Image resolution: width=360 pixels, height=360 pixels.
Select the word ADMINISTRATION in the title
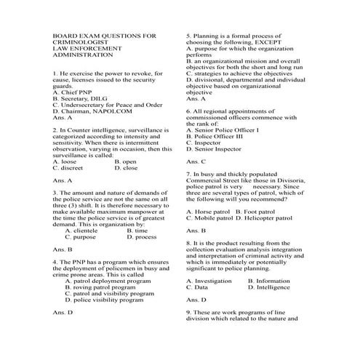(x=81, y=54)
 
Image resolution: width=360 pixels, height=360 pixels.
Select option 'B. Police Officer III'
(x=219, y=136)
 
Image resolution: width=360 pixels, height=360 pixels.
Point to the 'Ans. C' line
(x=196, y=161)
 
